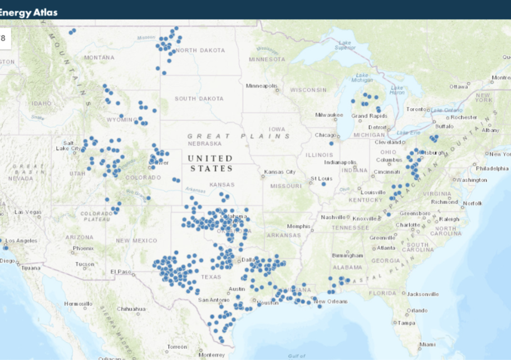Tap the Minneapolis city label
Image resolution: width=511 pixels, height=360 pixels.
262,86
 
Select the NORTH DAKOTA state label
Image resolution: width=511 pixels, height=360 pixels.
200,50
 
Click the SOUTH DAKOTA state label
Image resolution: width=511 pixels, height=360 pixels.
199,98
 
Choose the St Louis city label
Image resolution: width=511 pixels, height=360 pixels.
321,178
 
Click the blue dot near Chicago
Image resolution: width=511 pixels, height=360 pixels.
332,143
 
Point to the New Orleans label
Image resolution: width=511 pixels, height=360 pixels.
331,302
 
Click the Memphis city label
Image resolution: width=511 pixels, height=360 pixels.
298,226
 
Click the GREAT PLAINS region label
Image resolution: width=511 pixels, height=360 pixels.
239,136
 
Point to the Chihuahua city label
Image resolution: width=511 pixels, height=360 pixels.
131,309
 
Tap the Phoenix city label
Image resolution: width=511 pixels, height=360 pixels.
83,248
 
